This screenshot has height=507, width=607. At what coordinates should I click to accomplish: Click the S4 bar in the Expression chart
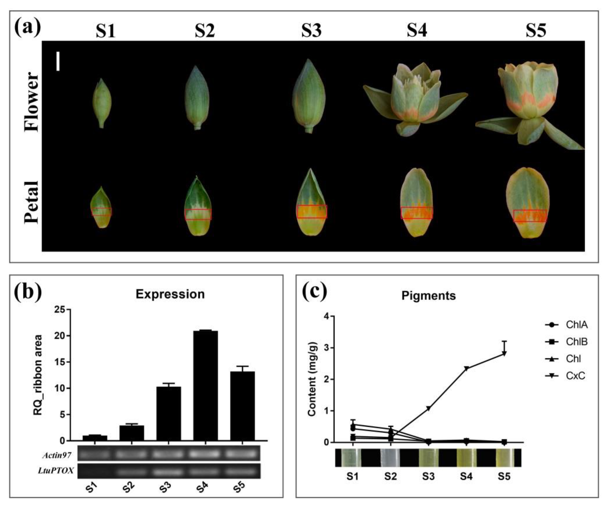pyautogui.click(x=205, y=386)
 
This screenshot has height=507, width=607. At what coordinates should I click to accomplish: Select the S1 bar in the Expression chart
pyautogui.click(x=95, y=438)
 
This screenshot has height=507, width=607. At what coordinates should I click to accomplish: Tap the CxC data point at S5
pyautogui.click(x=504, y=354)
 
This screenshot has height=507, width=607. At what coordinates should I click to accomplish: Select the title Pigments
pyautogui.click(x=429, y=296)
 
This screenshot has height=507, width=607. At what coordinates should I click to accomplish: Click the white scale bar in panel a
pyautogui.click(x=58, y=61)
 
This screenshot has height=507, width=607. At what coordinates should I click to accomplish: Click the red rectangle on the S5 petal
pyautogui.click(x=530, y=216)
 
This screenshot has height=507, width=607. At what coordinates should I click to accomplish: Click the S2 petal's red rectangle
pyautogui.click(x=198, y=214)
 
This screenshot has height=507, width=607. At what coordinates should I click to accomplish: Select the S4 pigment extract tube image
pyautogui.click(x=466, y=458)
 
